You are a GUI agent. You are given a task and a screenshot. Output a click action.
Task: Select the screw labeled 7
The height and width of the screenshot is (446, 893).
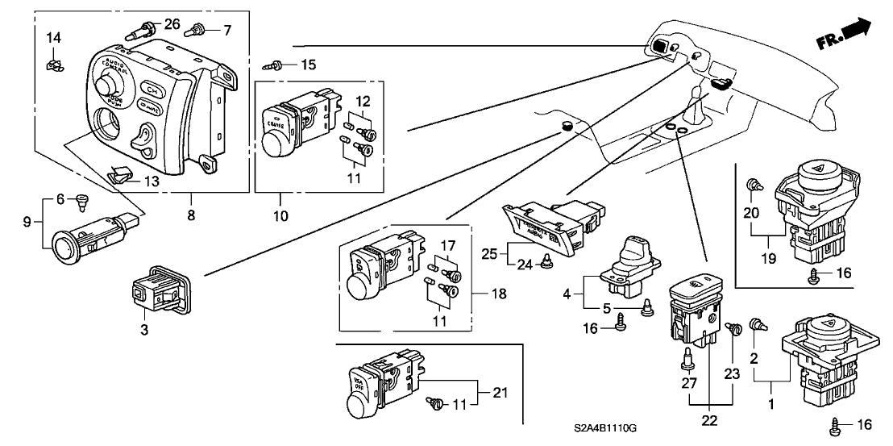pyautogui.click(x=194, y=31)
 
